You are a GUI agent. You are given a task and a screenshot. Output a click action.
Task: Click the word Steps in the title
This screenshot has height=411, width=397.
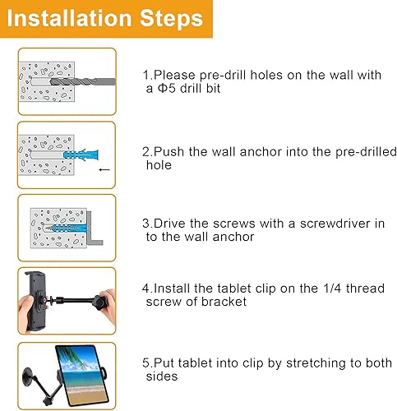pos(173,19)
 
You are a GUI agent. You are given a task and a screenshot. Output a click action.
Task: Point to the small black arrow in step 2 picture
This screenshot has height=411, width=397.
pos(102,169)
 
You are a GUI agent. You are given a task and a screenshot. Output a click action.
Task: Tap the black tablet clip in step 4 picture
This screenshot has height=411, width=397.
pos(36,297)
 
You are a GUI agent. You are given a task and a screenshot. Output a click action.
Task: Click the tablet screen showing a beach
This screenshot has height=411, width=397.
pos(83,369)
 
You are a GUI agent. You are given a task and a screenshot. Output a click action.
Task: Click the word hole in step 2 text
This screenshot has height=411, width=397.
pos(158,164)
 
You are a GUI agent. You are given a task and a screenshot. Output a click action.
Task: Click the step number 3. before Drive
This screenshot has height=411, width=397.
pos(145,224)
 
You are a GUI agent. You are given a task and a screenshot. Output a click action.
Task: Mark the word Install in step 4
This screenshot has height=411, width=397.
pos(173,289)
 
